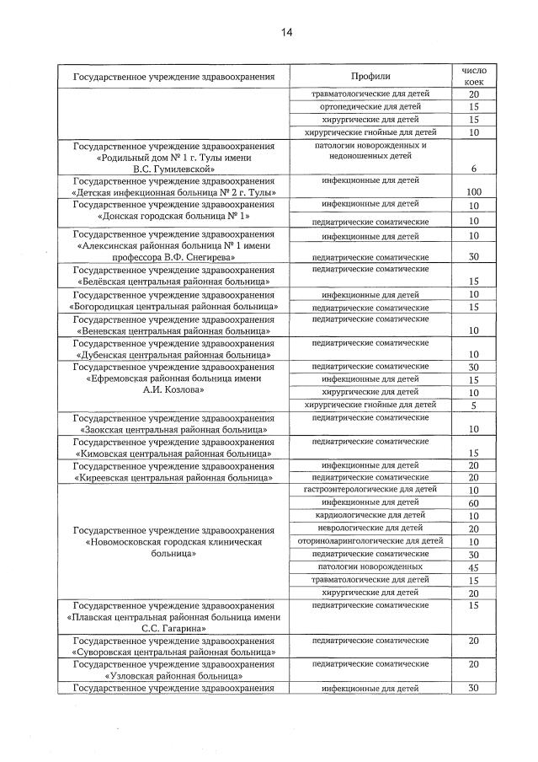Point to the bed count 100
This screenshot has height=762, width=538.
pyautogui.click(x=473, y=192)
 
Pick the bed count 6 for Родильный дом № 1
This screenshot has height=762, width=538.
pyautogui.click(x=474, y=169)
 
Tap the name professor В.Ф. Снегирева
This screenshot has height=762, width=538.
pyautogui.click(x=174, y=256)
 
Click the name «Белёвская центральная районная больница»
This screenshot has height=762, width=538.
pyautogui.click(x=174, y=281)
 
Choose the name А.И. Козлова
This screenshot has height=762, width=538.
pyautogui.click(x=174, y=390)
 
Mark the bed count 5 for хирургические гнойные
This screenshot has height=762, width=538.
pyautogui.click(x=474, y=405)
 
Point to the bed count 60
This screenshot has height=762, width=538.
pyautogui.click(x=474, y=502)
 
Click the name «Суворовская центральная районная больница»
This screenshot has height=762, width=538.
pyautogui.click(x=174, y=652)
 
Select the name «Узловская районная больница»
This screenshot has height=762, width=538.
pyautogui.click(x=174, y=675)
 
